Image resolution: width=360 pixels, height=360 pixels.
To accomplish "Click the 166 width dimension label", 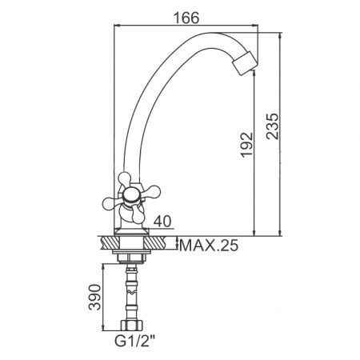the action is click(186, 18).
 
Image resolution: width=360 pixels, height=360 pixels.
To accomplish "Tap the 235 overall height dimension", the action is click(272, 126).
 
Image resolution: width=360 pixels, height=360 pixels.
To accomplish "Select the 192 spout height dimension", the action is click(246, 144).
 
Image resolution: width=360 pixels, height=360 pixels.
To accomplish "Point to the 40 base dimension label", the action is click(162, 221).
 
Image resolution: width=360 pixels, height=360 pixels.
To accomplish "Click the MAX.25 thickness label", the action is click(209, 246).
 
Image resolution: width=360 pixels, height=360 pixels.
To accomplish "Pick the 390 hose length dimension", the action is click(94, 297).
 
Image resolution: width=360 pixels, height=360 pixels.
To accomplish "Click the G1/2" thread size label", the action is click(134, 341).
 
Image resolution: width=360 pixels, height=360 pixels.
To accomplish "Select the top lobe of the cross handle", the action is click(125, 179).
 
